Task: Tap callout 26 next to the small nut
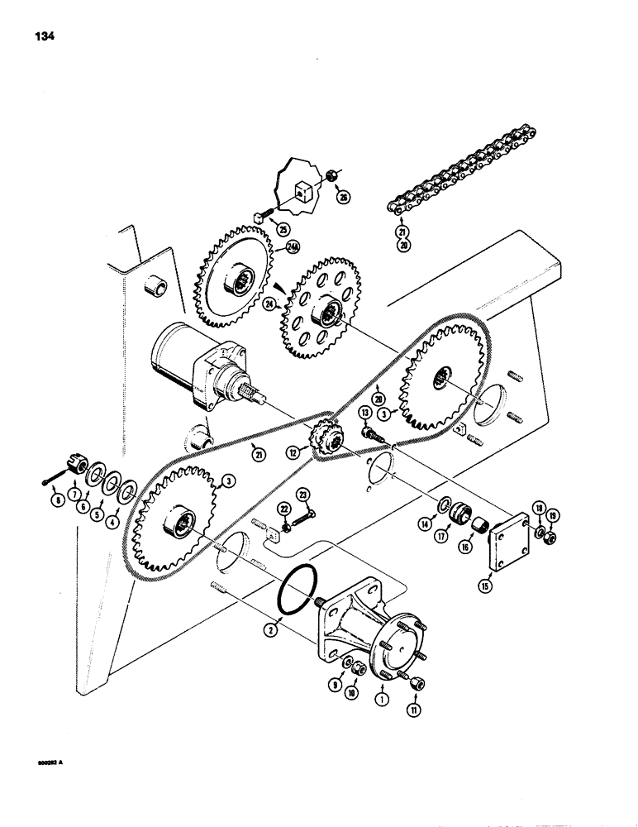[x=343, y=220]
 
